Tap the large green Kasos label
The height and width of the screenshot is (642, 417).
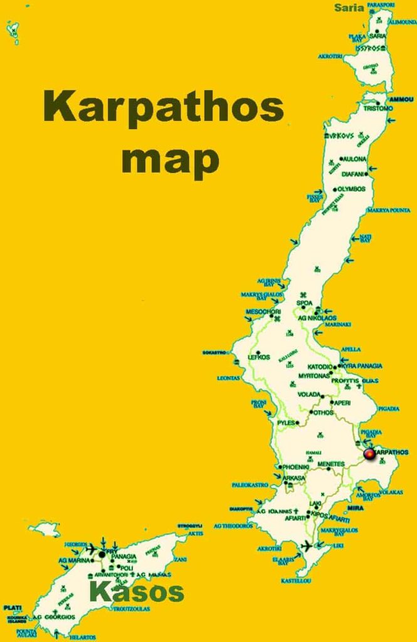click(x=137, y=591)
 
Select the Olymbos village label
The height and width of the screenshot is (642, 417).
click(x=351, y=189)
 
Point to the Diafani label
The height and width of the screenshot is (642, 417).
click(x=354, y=174)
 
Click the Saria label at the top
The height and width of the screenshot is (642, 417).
click(x=349, y=8)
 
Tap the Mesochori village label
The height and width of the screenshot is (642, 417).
click(x=263, y=312)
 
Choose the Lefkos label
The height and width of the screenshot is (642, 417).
click(x=259, y=357)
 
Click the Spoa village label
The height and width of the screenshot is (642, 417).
click(x=305, y=303)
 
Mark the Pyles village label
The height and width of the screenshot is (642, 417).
click(x=286, y=423)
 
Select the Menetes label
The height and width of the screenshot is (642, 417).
click(x=331, y=464)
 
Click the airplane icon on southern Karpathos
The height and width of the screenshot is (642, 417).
click(x=307, y=546)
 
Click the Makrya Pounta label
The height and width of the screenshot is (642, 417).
click(x=389, y=211)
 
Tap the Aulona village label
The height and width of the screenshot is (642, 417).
click(x=354, y=159)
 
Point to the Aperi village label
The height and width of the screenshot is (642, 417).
click(x=342, y=403)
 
